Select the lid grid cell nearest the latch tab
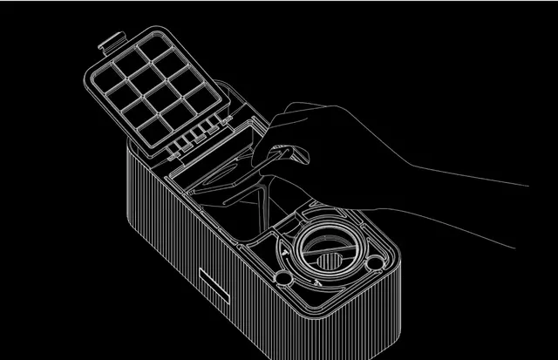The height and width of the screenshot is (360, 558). click(x=130, y=60)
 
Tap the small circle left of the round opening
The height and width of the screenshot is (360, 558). click(x=282, y=277)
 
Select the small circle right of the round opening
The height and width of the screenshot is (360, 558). click(x=375, y=262)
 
